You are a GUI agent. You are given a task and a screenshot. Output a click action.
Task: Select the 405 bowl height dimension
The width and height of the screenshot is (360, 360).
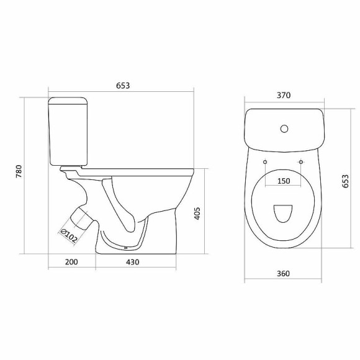coord(198,215)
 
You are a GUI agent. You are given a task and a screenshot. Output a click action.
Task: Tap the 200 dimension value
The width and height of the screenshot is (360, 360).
coord(71,262)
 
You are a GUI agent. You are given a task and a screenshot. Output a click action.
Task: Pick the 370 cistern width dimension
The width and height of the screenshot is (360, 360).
coord(284,95)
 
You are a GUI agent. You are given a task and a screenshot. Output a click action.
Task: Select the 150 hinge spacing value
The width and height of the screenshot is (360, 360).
coord(284,181)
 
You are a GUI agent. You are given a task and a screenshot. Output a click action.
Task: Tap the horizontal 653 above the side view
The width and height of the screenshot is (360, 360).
coord(122,86)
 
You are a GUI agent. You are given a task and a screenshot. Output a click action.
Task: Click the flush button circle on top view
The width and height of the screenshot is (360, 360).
coord(284,129)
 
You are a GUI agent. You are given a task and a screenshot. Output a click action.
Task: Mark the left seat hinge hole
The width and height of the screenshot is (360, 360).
coord(266,163)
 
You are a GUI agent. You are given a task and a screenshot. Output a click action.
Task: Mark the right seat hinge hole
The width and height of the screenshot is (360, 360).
coord(302,163)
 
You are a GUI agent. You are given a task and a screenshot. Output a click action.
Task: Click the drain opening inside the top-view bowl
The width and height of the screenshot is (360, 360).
coord(284,213)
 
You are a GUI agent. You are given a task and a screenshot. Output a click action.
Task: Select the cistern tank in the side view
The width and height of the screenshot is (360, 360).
coord(68,130)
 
